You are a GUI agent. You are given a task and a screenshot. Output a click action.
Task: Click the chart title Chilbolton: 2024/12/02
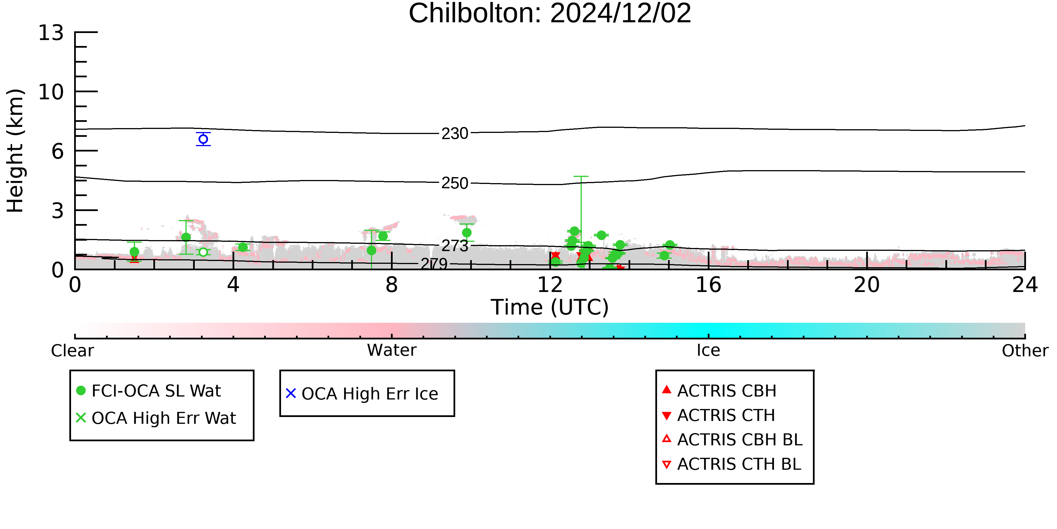(550, 13)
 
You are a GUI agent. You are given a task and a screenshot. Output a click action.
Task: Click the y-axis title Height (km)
(16, 151)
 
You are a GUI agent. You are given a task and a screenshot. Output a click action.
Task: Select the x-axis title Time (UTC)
(550, 307)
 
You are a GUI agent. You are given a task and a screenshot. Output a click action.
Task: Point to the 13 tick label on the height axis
(51, 33)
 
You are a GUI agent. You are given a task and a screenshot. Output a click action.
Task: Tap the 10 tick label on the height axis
(51, 92)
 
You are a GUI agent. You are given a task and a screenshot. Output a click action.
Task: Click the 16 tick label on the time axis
(709, 285)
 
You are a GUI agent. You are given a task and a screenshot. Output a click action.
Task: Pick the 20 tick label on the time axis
(867, 285)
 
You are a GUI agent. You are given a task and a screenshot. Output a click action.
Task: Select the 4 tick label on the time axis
(233, 285)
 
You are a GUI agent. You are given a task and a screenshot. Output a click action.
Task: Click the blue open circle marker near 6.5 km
(203, 139)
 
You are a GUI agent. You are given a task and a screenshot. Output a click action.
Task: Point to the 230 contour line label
(455, 133)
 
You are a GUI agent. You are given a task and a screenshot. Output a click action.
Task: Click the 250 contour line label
(455, 183)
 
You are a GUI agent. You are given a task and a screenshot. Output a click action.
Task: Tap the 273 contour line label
(455, 246)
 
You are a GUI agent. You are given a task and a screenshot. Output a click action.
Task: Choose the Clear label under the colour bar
(72, 351)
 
